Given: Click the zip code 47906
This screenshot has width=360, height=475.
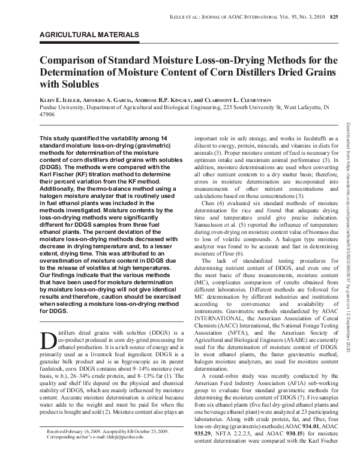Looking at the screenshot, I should [x=47, y=114].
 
